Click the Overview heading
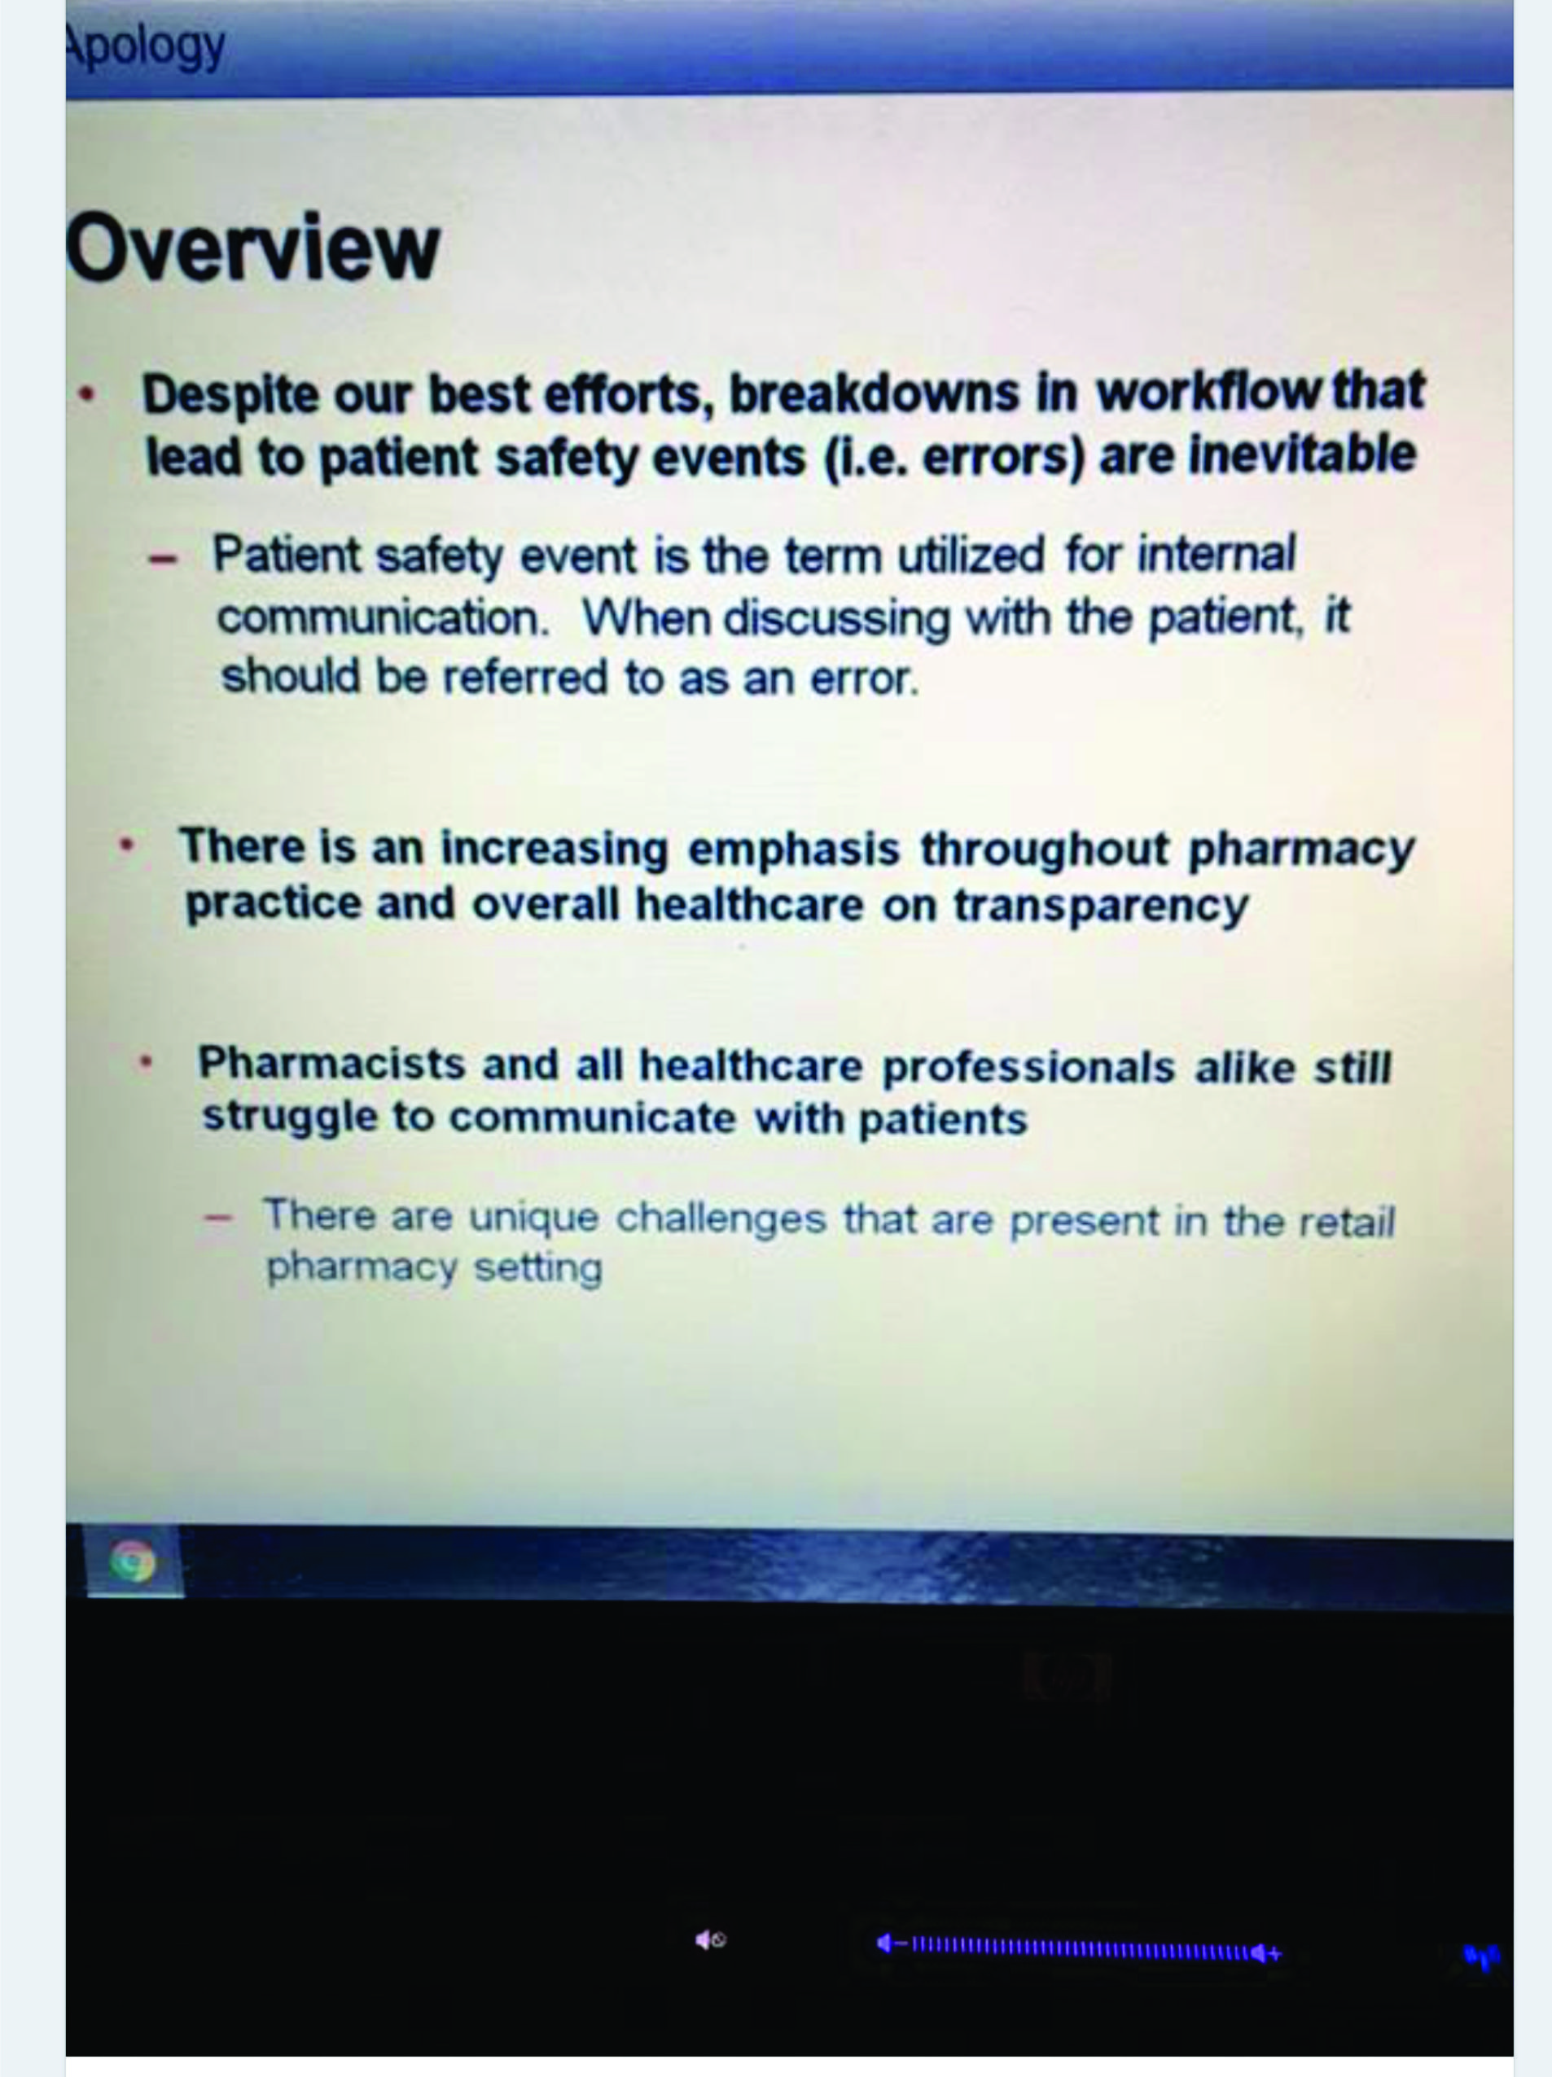pyautogui.click(x=252, y=246)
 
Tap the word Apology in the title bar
pyautogui.click(x=146, y=47)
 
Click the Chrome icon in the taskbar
pyautogui.click(x=133, y=1562)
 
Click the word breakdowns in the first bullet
pyautogui.click(x=873, y=393)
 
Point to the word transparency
pyautogui.click(x=1100, y=906)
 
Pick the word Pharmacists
pyautogui.click(x=331, y=1064)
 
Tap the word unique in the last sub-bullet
pyautogui.click(x=533, y=1218)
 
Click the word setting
pyautogui.click(x=538, y=1267)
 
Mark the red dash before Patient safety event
pyautogui.click(x=162, y=557)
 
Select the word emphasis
pyautogui.click(x=794, y=848)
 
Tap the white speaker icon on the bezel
pyautogui.click(x=710, y=1940)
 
